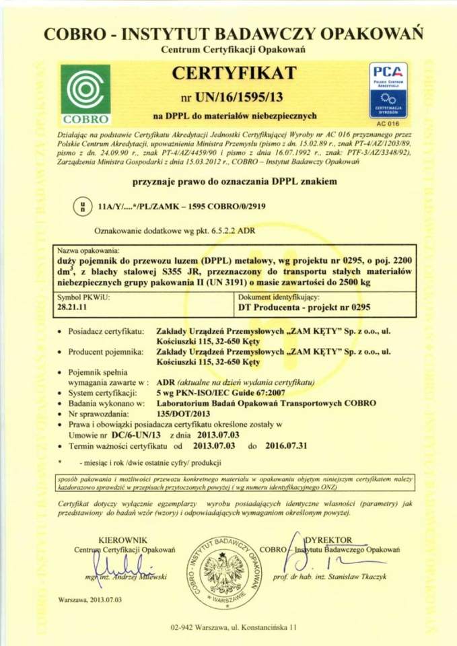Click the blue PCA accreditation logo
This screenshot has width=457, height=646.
[388, 90]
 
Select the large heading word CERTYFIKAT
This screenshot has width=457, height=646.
[233, 71]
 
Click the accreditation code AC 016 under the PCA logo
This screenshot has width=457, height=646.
[388, 124]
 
